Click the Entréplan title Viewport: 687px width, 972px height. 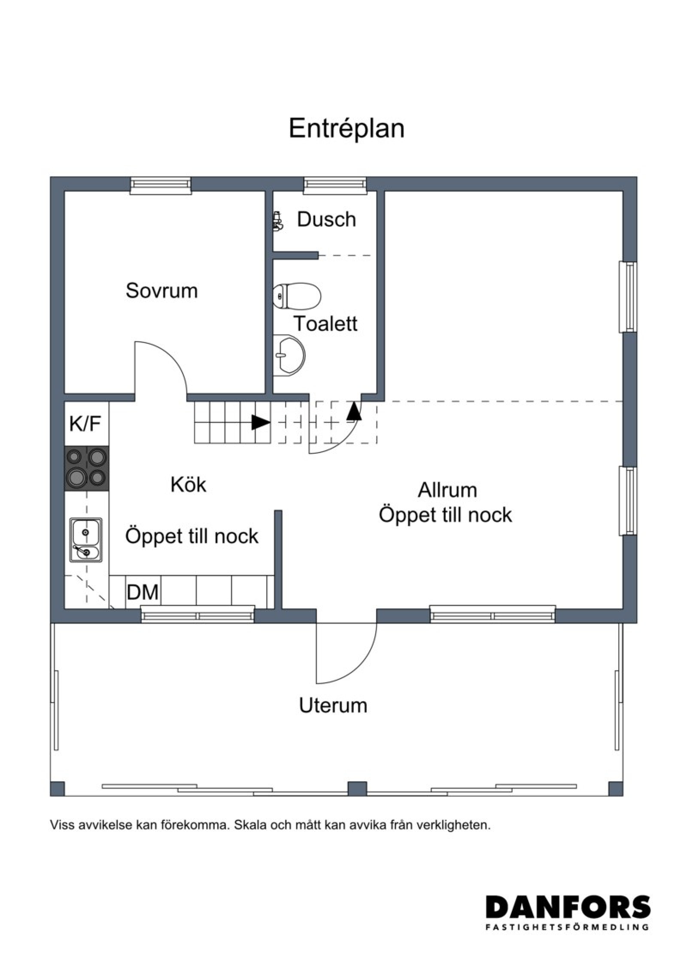pyautogui.click(x=347, y=128)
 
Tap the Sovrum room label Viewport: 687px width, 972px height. pyautogui.click(x=161, y=291)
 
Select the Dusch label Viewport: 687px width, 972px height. pyautogui.click(x=326, y=219)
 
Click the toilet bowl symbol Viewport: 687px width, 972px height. pyautogui.click(x=297, y=296)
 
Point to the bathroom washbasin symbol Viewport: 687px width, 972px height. pyautogui.click(x=289, y=355)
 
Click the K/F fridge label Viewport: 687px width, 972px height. pyautogui.click(x=85, y=423)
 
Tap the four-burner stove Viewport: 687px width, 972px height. pyautogui.click(x=86, y=469)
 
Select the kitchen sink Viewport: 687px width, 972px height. pyautogui.click(x=86, y=540)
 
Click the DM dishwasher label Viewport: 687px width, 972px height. pyautogui.click(x=143, y=592)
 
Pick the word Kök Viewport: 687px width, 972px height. pyautogui.click(x=188, y=485)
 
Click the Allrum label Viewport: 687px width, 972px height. pyautogui.click(x=447, y=490)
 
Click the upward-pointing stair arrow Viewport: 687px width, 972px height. pyautogui.click(x=354, y=410)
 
